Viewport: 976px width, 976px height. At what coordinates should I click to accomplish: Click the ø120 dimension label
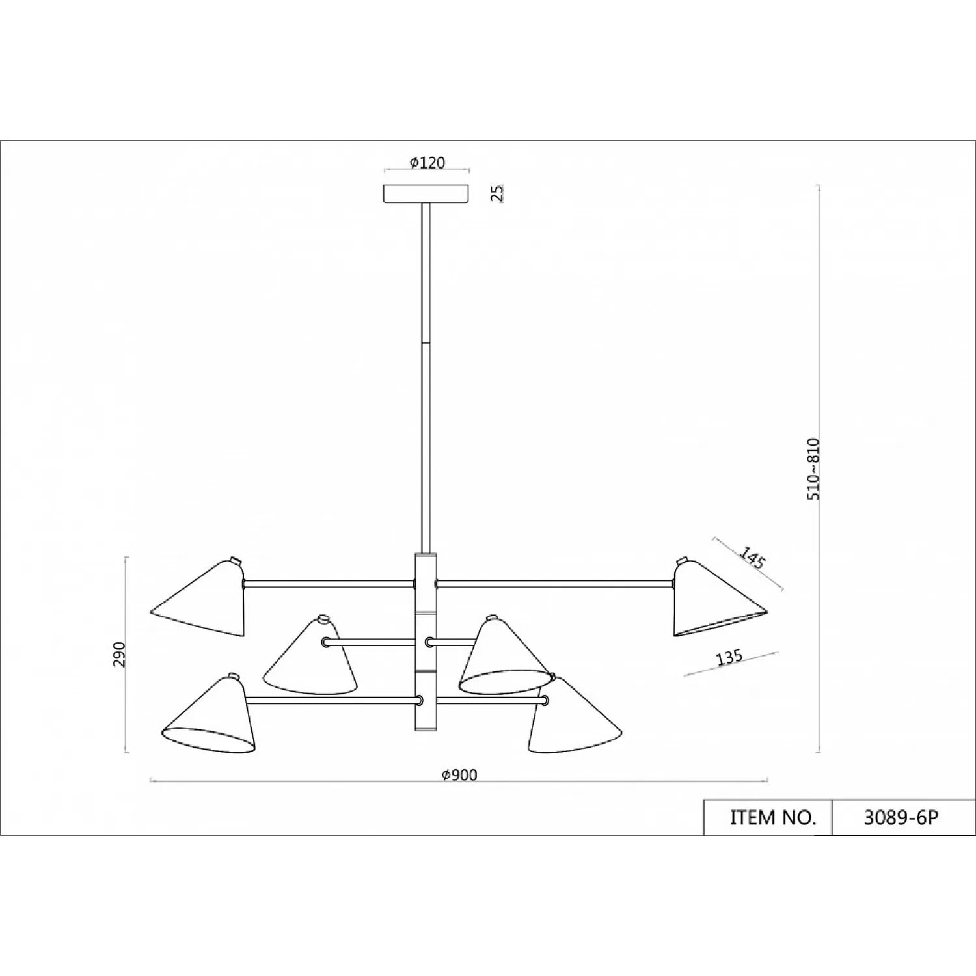pyautogui.click(x=427, y=162)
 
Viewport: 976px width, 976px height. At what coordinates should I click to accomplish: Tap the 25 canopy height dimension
pyautogui.click(x=498, y=193)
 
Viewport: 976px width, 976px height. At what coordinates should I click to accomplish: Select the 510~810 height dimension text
pyautogui.click(x=814, y=468)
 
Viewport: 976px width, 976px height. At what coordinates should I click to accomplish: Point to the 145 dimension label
pyautogui.click(x=752, y=558)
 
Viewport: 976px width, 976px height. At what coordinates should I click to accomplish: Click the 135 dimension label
pyautogui.click(x=729, y=658)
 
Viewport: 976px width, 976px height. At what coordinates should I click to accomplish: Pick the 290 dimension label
pyautogui.click(x=118, y=655)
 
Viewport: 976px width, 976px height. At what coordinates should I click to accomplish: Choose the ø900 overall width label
pyautogui.click(x=459, y=775)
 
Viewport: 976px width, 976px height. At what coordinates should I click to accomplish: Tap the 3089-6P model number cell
pyautogui.click(x=901, y=817)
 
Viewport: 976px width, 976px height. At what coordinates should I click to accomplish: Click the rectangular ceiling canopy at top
pyautogui.click(x=427, y=194)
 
